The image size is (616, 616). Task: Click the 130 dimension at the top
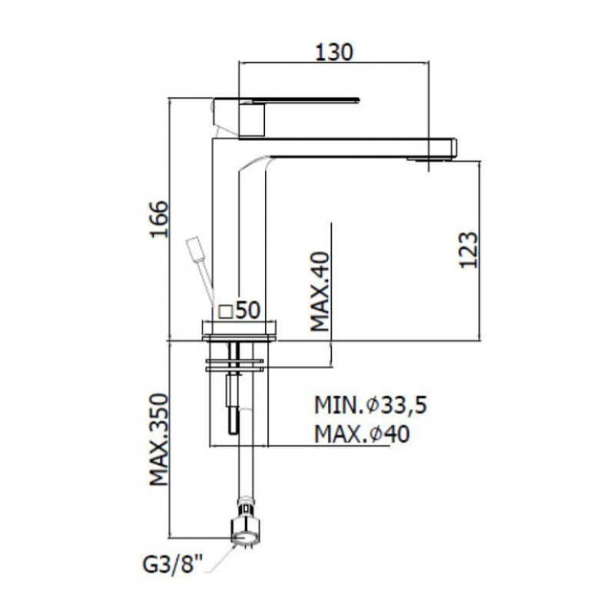pyautogui.click(x=334, y=52)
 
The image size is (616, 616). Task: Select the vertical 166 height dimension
pyautogui.click(x=159, y=219)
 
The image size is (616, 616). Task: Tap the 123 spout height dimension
pyautogui.click(x=469, y=250)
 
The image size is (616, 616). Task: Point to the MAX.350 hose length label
pyautogui.click(x=159, y=439)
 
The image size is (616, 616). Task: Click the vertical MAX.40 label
pyautogui.click(x=320, y=292)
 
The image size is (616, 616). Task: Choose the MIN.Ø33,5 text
pyautogui.click(x=370, y=405)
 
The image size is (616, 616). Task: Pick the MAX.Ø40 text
pyautogui.click(x=362, y=434)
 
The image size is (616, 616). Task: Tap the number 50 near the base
pyautogui.click(x=248, y=310)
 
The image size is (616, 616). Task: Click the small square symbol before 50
pyautogui.click(x=226, y=312)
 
